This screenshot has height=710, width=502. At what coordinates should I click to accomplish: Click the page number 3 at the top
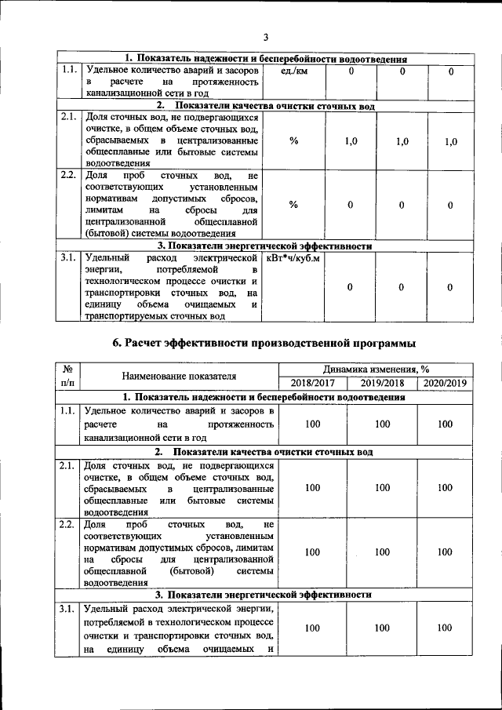click(266, 37)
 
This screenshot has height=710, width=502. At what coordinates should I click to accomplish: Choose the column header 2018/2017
click(312, 382)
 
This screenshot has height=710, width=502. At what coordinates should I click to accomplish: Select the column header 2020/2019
click(445, 382)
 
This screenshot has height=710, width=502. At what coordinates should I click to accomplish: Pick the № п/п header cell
click(68, 375)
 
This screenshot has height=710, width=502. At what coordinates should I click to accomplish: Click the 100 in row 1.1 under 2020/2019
click(445, 424)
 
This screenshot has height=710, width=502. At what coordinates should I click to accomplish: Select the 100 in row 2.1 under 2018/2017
click(312, 488)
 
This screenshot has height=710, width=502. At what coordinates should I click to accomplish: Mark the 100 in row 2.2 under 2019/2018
click(382, 552)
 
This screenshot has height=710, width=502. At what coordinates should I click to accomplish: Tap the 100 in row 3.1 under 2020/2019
click(445, 628)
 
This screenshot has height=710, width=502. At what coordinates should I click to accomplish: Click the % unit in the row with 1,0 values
click(293, 141)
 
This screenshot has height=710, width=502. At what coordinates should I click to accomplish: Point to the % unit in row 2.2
click(293, 205)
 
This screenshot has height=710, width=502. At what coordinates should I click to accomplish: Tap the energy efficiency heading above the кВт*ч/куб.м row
click(266, 246)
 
